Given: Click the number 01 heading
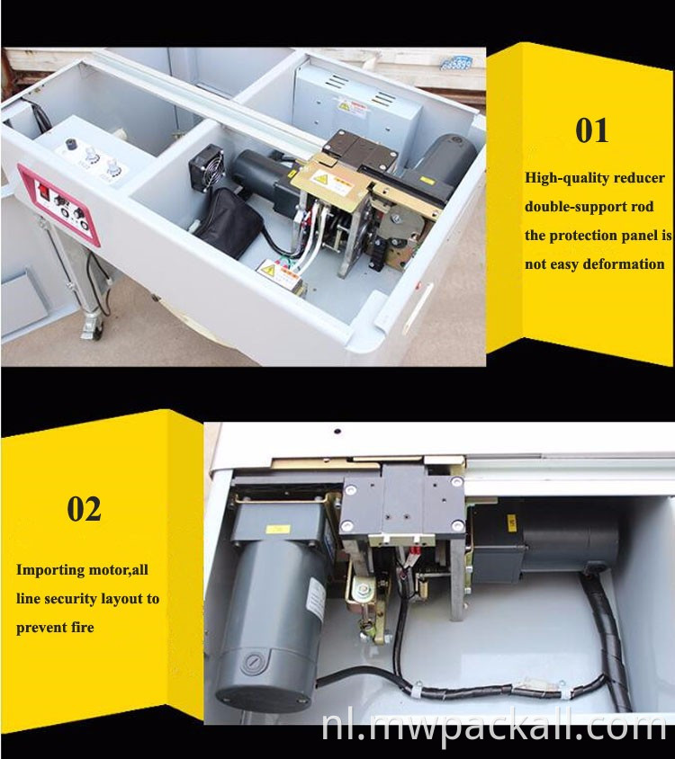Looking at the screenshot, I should point(591,130).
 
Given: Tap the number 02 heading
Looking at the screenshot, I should point(84,509).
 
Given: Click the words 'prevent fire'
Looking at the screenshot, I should point(55,628).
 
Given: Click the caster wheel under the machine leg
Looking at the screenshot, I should point(90,329).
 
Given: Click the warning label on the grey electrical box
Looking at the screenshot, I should point(346,106).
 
